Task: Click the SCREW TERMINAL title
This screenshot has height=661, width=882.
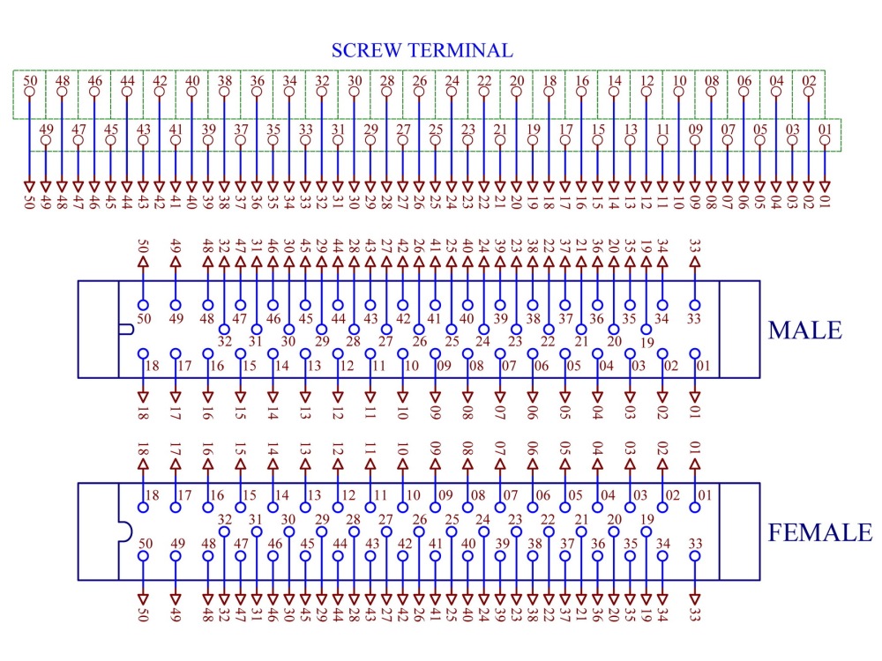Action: click(422, 50)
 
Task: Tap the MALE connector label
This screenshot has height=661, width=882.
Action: click(805, 330)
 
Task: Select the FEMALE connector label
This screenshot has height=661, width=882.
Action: click(820, 532)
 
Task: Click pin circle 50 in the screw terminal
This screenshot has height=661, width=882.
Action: click(30, 92)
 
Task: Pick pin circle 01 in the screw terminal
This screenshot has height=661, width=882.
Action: click(825, 140)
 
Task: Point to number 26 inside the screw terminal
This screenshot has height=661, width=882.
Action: click(420, 80)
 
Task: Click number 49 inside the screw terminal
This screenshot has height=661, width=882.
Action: click(46, 129)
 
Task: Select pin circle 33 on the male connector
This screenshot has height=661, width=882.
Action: click(695, 305)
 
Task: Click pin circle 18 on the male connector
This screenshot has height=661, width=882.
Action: click(144, 354)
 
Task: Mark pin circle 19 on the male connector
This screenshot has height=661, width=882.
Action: click(647, 330)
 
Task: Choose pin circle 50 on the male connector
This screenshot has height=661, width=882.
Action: click(144, 305)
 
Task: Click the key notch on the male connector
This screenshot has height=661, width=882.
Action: click(127, 330)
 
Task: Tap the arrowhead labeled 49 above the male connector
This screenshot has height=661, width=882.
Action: click(176, 262)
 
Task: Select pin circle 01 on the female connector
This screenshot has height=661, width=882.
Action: click(695, 508)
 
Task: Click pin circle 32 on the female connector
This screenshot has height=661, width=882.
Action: click(224, 531)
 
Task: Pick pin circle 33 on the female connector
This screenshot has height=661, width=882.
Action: click(695, 556)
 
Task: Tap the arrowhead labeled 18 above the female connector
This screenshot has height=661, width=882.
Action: click(144, 464)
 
